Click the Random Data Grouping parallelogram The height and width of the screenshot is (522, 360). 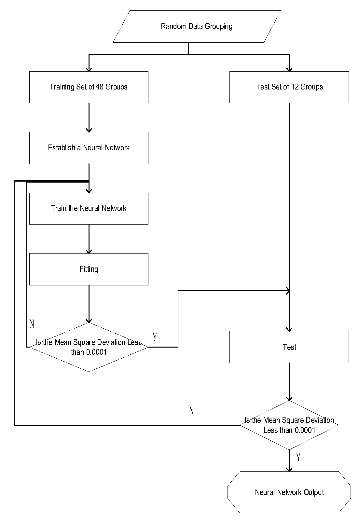point(197,26)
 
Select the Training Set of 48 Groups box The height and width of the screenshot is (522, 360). point(89,87)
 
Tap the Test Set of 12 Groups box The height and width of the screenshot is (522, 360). point(289,87)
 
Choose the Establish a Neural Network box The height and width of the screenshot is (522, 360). point(89,148)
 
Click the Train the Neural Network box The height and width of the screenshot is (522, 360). point(89,208)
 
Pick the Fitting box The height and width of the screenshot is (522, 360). point(89,269)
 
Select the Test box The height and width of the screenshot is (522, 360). point(289,347)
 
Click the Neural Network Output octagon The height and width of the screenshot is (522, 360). point(289,492)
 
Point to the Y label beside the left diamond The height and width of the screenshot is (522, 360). point(155,337)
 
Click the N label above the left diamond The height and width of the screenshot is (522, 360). point(32,324)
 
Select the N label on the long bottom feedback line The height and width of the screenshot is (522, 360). point(192,411)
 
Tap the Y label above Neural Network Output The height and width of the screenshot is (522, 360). point(298,457)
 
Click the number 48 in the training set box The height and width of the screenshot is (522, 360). point(100,87)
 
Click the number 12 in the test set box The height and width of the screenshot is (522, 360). point(295,87)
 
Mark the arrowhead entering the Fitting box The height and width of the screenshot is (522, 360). point(89,251)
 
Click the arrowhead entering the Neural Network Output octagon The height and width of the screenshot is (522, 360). point(289,469)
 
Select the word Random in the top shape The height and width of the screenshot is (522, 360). point(171,26)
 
